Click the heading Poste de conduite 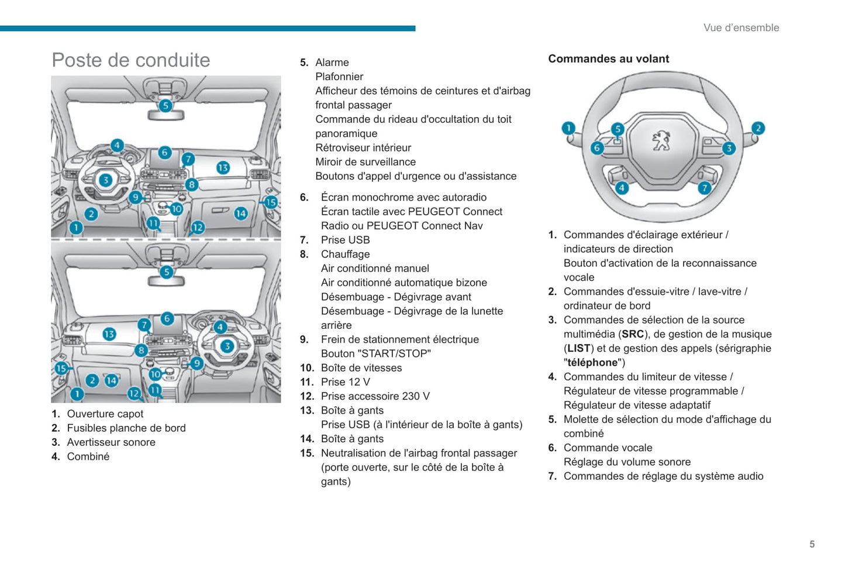[x=130, y=60]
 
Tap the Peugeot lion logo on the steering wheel [x=661, y=140]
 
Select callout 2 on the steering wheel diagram [x=758, y=128]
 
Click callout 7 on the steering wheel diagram [x=705, y=188]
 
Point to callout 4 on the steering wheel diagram [x=622, y=188]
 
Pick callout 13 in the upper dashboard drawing [x=223, y=168]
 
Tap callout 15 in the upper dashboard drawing [x=270, y=202]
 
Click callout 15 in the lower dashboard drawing [x=61, y=368]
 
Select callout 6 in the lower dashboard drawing [x=167, y=318]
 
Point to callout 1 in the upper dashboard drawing [x=76, y=227]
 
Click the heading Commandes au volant [x=608, y=59]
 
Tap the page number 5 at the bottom [x=812, y=544]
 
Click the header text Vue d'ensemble [x=741, y=27]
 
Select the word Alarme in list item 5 [x=332, y=63]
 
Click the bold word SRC [x=633, y=334]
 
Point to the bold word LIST [x=578, y=348]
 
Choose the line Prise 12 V [x=345, y=382]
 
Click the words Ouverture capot [x=105, y=414]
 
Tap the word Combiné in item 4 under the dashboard [x=88, y=457]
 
